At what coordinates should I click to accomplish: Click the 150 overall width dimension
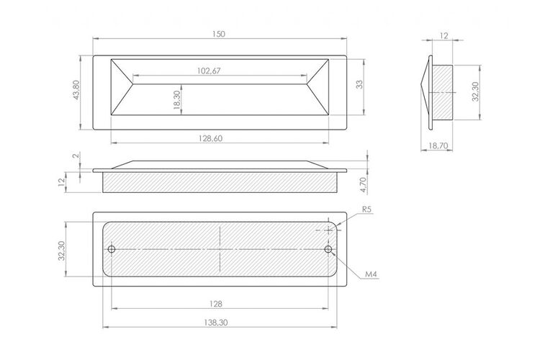pos(219,34)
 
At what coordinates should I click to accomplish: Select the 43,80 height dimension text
pos(76,90)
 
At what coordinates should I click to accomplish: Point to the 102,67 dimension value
pos(209,71)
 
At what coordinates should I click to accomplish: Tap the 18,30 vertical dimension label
pos(177,100)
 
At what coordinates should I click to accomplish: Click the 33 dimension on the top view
pos(359,84)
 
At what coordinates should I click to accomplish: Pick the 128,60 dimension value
pos(210,138)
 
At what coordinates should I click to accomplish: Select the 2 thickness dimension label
pos(77,156)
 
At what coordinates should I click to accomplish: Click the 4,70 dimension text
pos(363,185)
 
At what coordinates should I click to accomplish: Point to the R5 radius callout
pos(367,209)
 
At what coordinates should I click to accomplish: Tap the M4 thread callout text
pos(372,274)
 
